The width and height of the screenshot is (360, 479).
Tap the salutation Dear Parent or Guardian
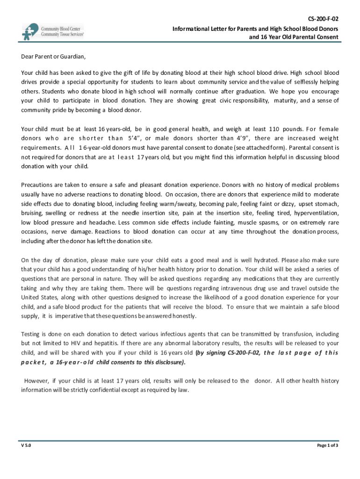(x=54, y=57)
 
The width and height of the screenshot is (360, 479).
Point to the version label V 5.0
(x=26, y=445)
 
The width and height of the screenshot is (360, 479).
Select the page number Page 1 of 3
(x=327, y=445)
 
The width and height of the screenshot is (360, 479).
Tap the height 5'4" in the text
(x=135, y=138)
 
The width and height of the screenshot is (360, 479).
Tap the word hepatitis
(x=100, y=343)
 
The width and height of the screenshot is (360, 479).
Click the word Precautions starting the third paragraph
(x=37, y=185)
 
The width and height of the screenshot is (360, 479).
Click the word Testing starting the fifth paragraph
(x=31, y=334)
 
